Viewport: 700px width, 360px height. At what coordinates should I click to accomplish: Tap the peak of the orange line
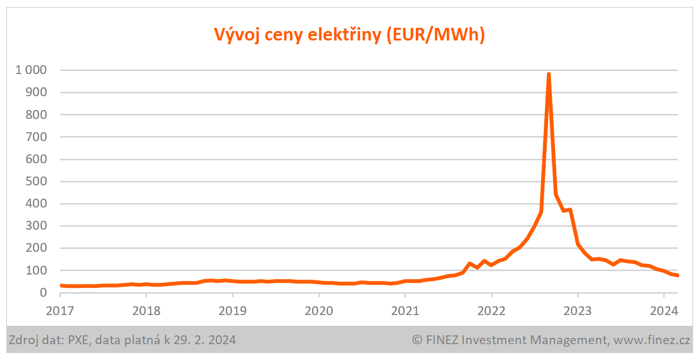[x=549, y=75]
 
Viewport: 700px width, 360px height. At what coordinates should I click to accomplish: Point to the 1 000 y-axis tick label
[x=31, y=70]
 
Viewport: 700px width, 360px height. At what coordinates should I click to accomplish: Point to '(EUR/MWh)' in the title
[x=434, y=35]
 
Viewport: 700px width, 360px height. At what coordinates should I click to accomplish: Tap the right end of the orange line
[x=678, y=275]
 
